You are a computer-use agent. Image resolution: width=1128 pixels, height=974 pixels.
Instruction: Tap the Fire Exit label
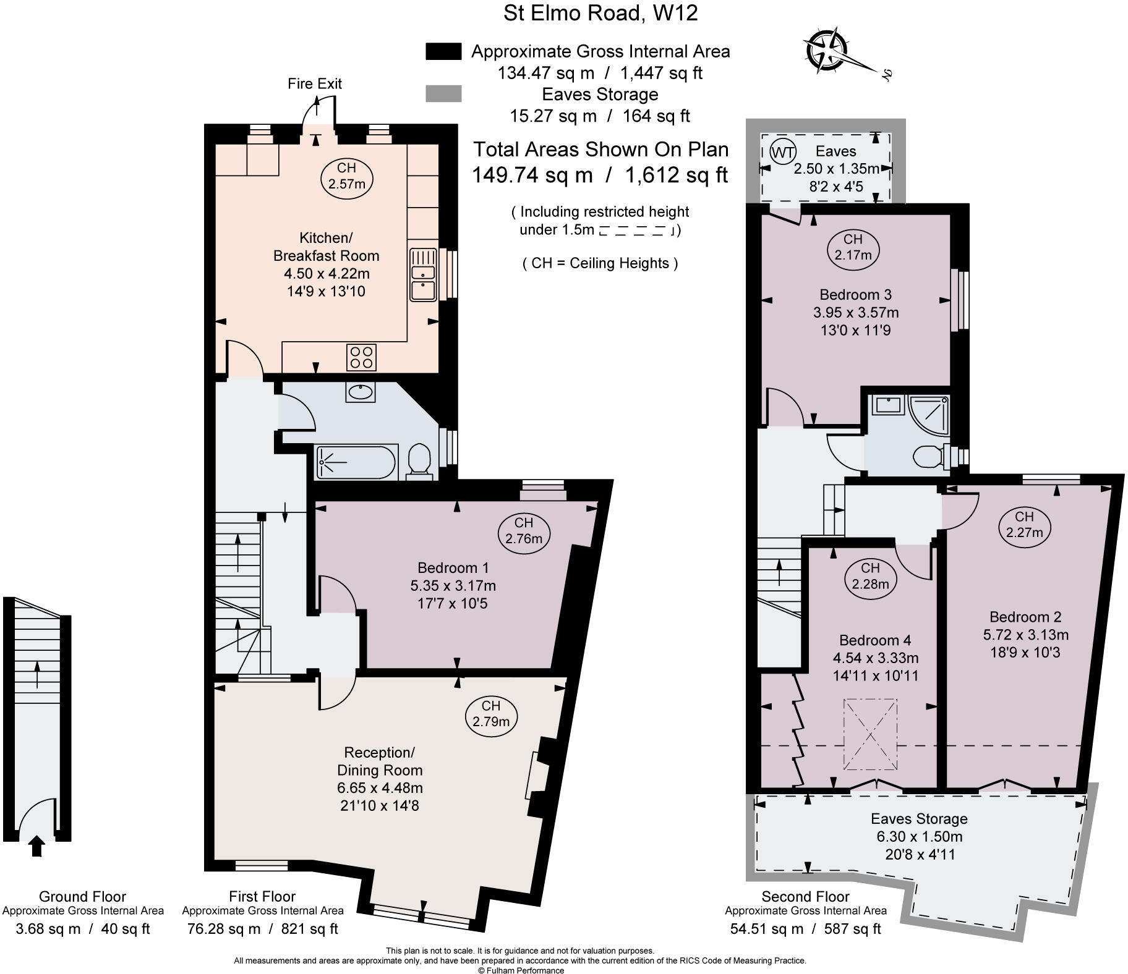point(314,83)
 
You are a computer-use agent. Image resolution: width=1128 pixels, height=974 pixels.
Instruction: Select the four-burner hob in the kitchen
point(361,357)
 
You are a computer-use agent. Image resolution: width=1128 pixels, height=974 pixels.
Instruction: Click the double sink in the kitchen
point(423,275)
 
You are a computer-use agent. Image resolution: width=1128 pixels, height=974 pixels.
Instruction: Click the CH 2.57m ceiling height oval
point(347,176)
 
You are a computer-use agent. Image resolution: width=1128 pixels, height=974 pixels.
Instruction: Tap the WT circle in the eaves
point(784,152)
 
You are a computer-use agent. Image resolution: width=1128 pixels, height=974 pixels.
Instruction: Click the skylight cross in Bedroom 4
point(870,734)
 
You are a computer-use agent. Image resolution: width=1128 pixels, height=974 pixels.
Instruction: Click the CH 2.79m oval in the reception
point(491,714)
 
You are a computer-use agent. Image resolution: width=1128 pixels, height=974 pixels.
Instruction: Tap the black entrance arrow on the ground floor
point(36,846)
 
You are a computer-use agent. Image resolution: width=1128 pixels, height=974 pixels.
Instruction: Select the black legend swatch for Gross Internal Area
point(443,51)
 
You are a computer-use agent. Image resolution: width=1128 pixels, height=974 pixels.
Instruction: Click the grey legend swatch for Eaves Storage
point(443,94)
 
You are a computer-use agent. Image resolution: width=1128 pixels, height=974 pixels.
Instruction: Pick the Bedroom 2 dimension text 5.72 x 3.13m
point(1025,635)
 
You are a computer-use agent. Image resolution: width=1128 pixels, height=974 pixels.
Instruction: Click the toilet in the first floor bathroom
point(420,461)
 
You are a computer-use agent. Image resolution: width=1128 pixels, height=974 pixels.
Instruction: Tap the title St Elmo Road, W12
point(600,13)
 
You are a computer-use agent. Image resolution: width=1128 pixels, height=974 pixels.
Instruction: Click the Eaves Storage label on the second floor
point(919,819)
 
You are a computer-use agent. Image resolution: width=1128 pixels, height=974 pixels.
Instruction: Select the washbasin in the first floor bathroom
point(361,392)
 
